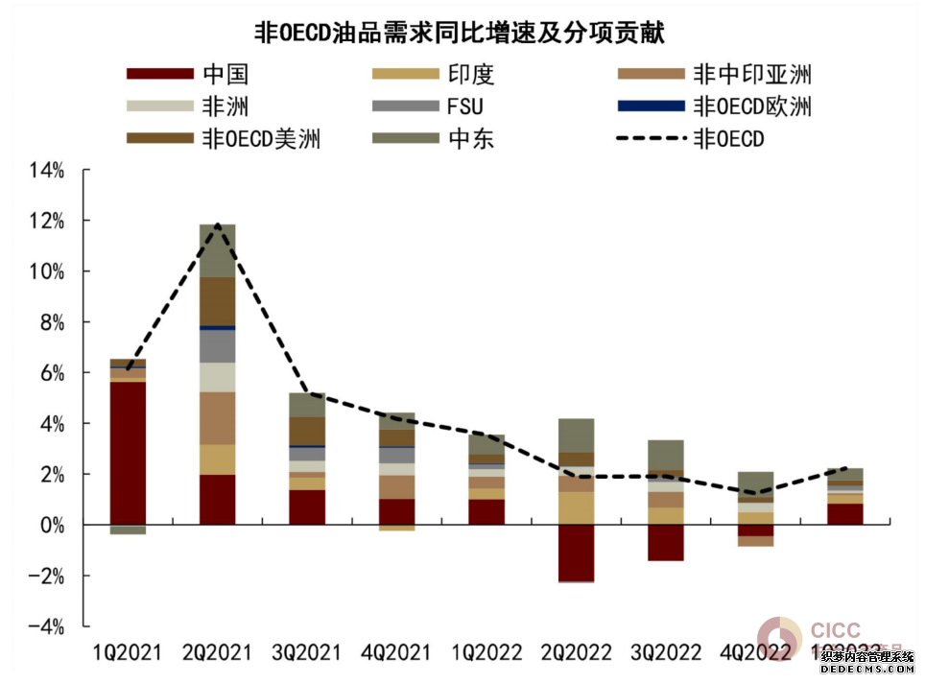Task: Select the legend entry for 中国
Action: (x=225, y=75)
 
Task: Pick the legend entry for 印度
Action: (x=470, y=75)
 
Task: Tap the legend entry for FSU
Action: (x=470, y=106)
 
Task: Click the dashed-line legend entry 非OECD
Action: (x=728, y=138)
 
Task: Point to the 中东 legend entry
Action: (x=470, y=138)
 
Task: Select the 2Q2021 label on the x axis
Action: (x=217, y=654)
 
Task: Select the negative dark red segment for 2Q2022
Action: (x=576, y=553)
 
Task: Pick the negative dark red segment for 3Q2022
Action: (x=665, y=542)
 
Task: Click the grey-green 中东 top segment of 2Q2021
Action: (x=217, y=250)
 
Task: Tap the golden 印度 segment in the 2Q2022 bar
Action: (x=576, y=508)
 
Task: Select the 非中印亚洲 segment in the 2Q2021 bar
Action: (x=217, y=417)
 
